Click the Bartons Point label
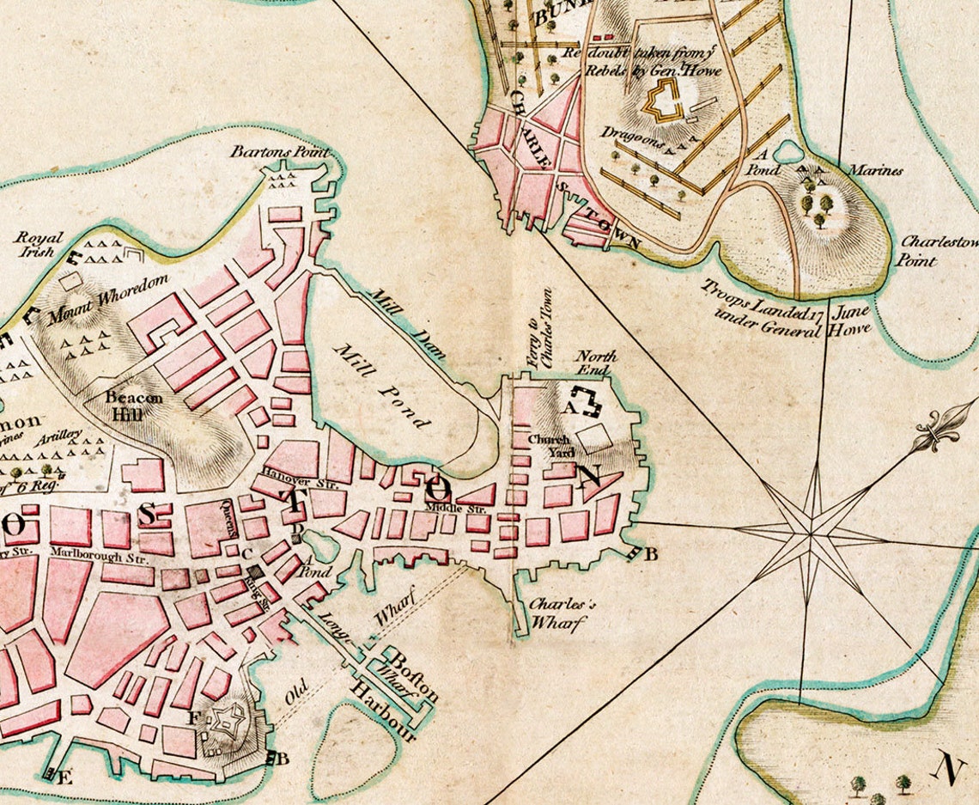[267, 152]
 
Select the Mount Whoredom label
[108, 301]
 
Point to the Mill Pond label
[382, 386]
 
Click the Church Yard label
[549, 445]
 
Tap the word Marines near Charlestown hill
[875, 170]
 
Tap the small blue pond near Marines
[787, 153]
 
